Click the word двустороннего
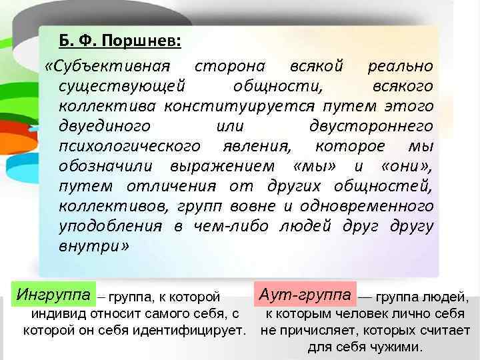372,126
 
